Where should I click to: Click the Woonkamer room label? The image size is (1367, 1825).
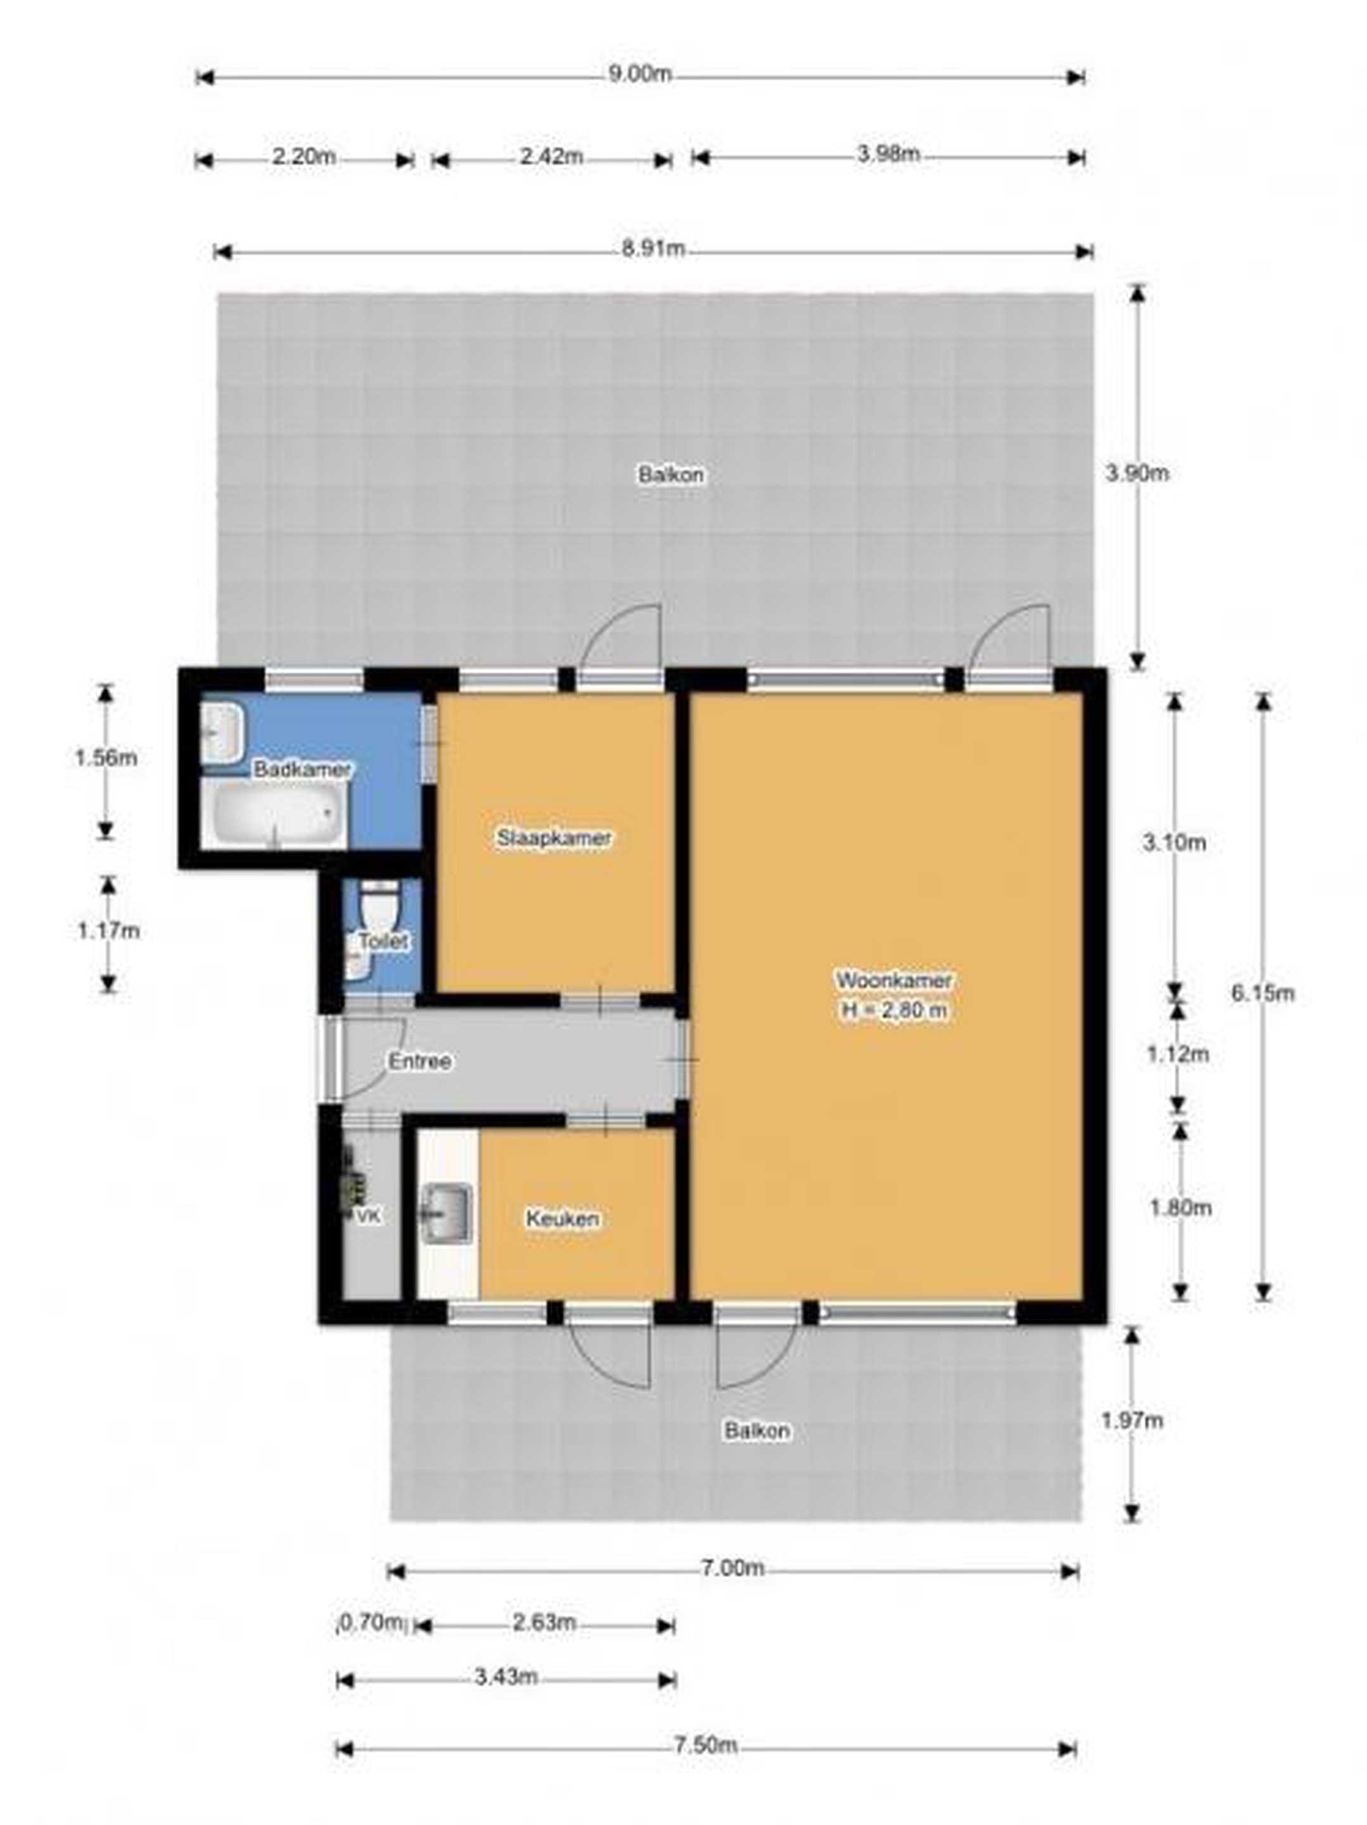click(893, 980)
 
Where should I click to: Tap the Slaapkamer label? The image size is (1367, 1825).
click(554, 838)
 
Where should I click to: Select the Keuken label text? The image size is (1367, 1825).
click(563, 1218)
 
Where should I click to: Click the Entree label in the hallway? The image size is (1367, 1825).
click(420, 1061)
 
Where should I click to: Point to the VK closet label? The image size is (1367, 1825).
click(368, 1216)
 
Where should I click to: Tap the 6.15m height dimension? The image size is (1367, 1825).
click(1263, 992)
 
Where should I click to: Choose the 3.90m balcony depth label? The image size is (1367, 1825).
click(1137, 473)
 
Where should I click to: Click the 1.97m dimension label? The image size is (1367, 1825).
click(1133, 1420)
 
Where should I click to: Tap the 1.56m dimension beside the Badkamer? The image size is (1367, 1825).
click(106, 757)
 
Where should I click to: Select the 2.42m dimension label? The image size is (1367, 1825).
click(551, 156)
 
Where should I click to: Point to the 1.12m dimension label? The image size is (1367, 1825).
click(1178, 1054)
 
